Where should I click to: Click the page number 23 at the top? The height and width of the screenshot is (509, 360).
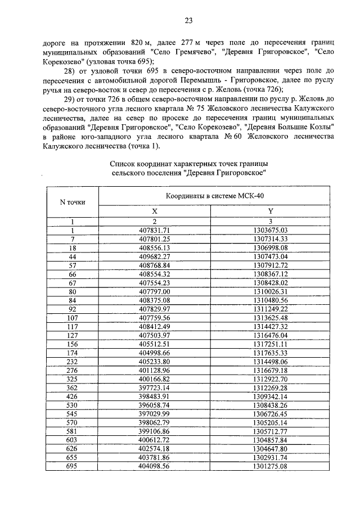(x=188, y=21)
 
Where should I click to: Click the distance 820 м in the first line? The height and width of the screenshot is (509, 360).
(x=139, y=43)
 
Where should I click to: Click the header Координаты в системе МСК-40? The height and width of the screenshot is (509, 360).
(x=214, y=195)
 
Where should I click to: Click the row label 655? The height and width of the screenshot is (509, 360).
(x=72, y=457)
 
